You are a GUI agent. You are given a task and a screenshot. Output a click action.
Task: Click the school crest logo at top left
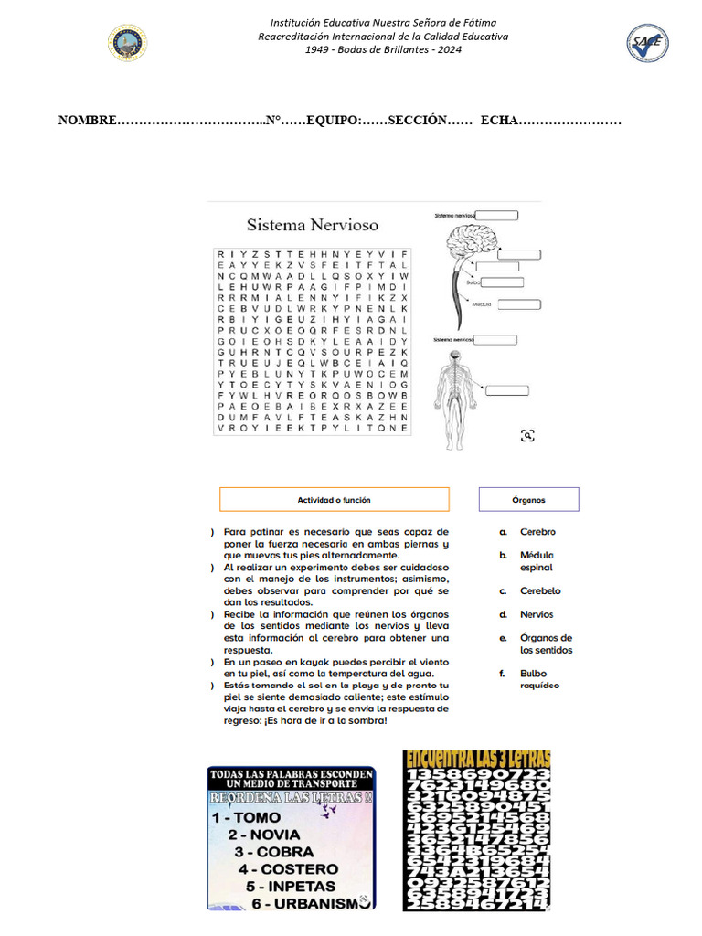pyautogui.click(x=128, y=43)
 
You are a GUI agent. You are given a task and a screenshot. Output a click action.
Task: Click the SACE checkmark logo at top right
pyautogui.click(x=646, y=43)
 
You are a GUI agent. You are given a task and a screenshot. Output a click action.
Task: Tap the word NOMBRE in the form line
pyautogui.click(x=88, y=121)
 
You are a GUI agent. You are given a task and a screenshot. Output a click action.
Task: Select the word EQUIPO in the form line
pyautogui.click(x=333, y=121)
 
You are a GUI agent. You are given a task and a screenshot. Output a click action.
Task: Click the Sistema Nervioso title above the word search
pyautogui.click(x=313, y=224)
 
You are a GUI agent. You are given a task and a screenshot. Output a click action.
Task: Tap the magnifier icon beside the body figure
pyautogui.click(x=527, y=435)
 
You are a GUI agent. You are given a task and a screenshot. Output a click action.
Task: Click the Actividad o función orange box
pyautogui.click(x=335, y=499)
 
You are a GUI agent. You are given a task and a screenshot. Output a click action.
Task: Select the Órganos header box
pyautogui.click(x=528, y=499)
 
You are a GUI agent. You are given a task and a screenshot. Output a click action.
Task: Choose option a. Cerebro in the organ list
pyautogui.click(x=537, y=532)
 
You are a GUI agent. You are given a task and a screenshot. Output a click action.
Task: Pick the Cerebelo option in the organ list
pyautogui.click(x=539, y=591)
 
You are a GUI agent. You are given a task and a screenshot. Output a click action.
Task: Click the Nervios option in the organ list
pyautogui.click(x=537, y=615)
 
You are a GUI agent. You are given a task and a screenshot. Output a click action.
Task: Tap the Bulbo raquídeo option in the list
pyautogui.click(x=539, y=679)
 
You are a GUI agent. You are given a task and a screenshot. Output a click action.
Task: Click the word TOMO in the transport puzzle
pyautogui.click(x=258, y=818)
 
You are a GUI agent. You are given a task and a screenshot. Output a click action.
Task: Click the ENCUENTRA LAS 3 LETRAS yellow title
pyautogui.click(x=477, y=759)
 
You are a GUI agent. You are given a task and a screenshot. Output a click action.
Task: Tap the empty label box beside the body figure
pyautogui.click(x=506, y=390)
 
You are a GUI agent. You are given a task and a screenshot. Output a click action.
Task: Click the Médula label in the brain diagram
pyautogui.click(x=482, y=303)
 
